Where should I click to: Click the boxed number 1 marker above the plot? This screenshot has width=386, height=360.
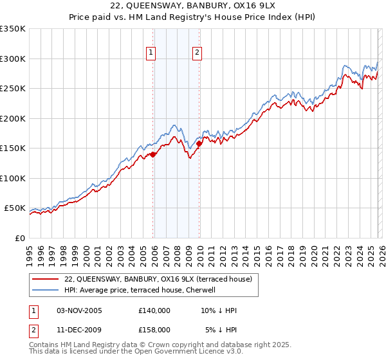[x=151, y=53]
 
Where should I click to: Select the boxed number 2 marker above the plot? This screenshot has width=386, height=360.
[x=197, y=53]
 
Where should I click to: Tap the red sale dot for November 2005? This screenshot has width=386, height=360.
[x=153, y=154]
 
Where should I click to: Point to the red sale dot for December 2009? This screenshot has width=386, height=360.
[x=199, y=144]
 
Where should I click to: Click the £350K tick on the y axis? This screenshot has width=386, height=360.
[x=13, y=29]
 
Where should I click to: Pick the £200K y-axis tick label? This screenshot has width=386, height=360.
[x=13, y=118]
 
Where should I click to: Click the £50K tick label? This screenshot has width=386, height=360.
[x=15, y=208]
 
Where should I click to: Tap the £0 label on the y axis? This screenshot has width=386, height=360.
[x=19, y=238]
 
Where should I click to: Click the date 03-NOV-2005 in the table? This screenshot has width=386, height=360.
[x=79, y=310]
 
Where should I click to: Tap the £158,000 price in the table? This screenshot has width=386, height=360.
[x=154, y=329]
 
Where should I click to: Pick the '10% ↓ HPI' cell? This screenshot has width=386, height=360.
[x=219, y=310]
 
